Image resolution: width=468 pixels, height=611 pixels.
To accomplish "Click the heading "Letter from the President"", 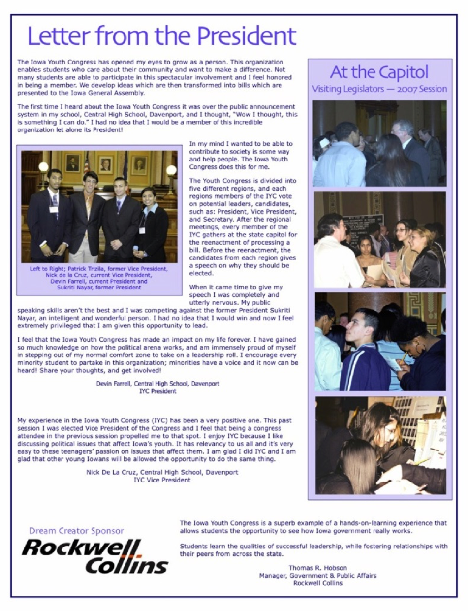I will [162, 36].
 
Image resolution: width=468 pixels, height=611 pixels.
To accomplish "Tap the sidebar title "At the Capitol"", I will [379, 72].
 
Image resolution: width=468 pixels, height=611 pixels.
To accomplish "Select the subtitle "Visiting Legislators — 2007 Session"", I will [379, 89].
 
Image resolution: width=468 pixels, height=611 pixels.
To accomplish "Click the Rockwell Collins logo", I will [94, 556].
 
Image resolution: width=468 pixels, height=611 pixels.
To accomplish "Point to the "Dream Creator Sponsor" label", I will [76, 531].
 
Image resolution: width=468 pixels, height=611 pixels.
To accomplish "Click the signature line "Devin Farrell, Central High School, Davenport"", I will [157, 384].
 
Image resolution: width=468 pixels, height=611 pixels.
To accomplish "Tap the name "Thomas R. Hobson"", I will [317, 568].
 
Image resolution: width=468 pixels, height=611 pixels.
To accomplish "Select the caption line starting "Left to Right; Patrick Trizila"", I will [98, 269].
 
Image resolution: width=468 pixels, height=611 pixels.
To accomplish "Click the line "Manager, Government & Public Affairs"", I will [317, 576].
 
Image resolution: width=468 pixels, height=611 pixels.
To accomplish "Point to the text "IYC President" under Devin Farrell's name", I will [157, 391].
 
